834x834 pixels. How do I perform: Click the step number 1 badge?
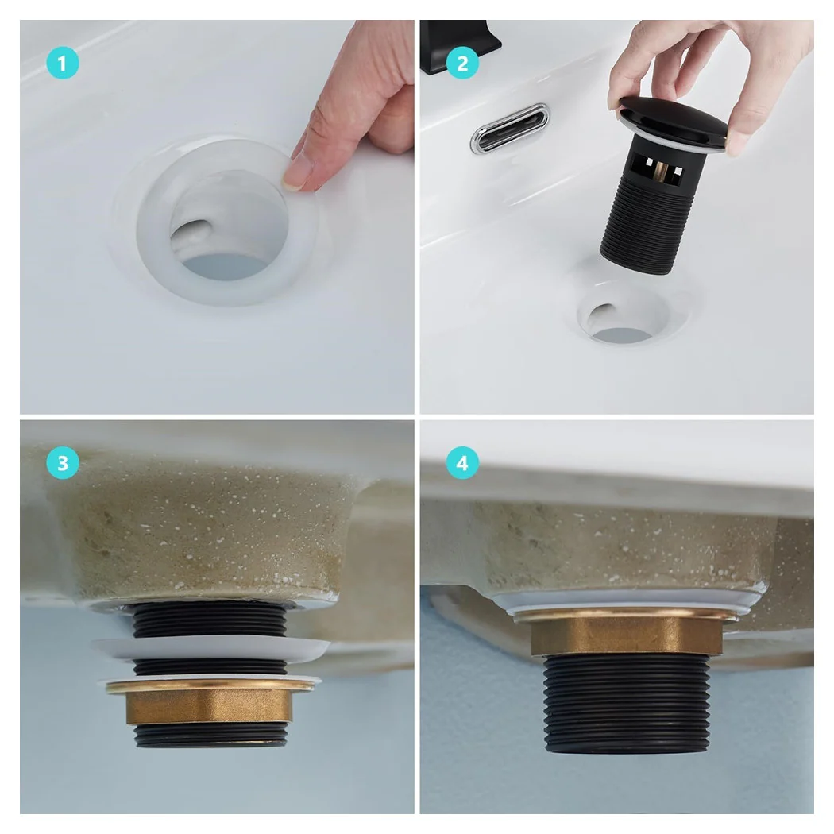[62, 64]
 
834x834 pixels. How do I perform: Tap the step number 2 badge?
[462, 64]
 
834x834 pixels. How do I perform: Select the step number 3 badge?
[62, 463]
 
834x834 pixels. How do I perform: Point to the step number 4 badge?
[462, 463]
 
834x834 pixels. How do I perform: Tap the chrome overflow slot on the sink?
[510, 128]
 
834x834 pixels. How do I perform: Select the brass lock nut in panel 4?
[626, 634]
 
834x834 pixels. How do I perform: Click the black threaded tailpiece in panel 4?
[626, 703]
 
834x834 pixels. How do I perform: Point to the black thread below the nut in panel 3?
[210, 735]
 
